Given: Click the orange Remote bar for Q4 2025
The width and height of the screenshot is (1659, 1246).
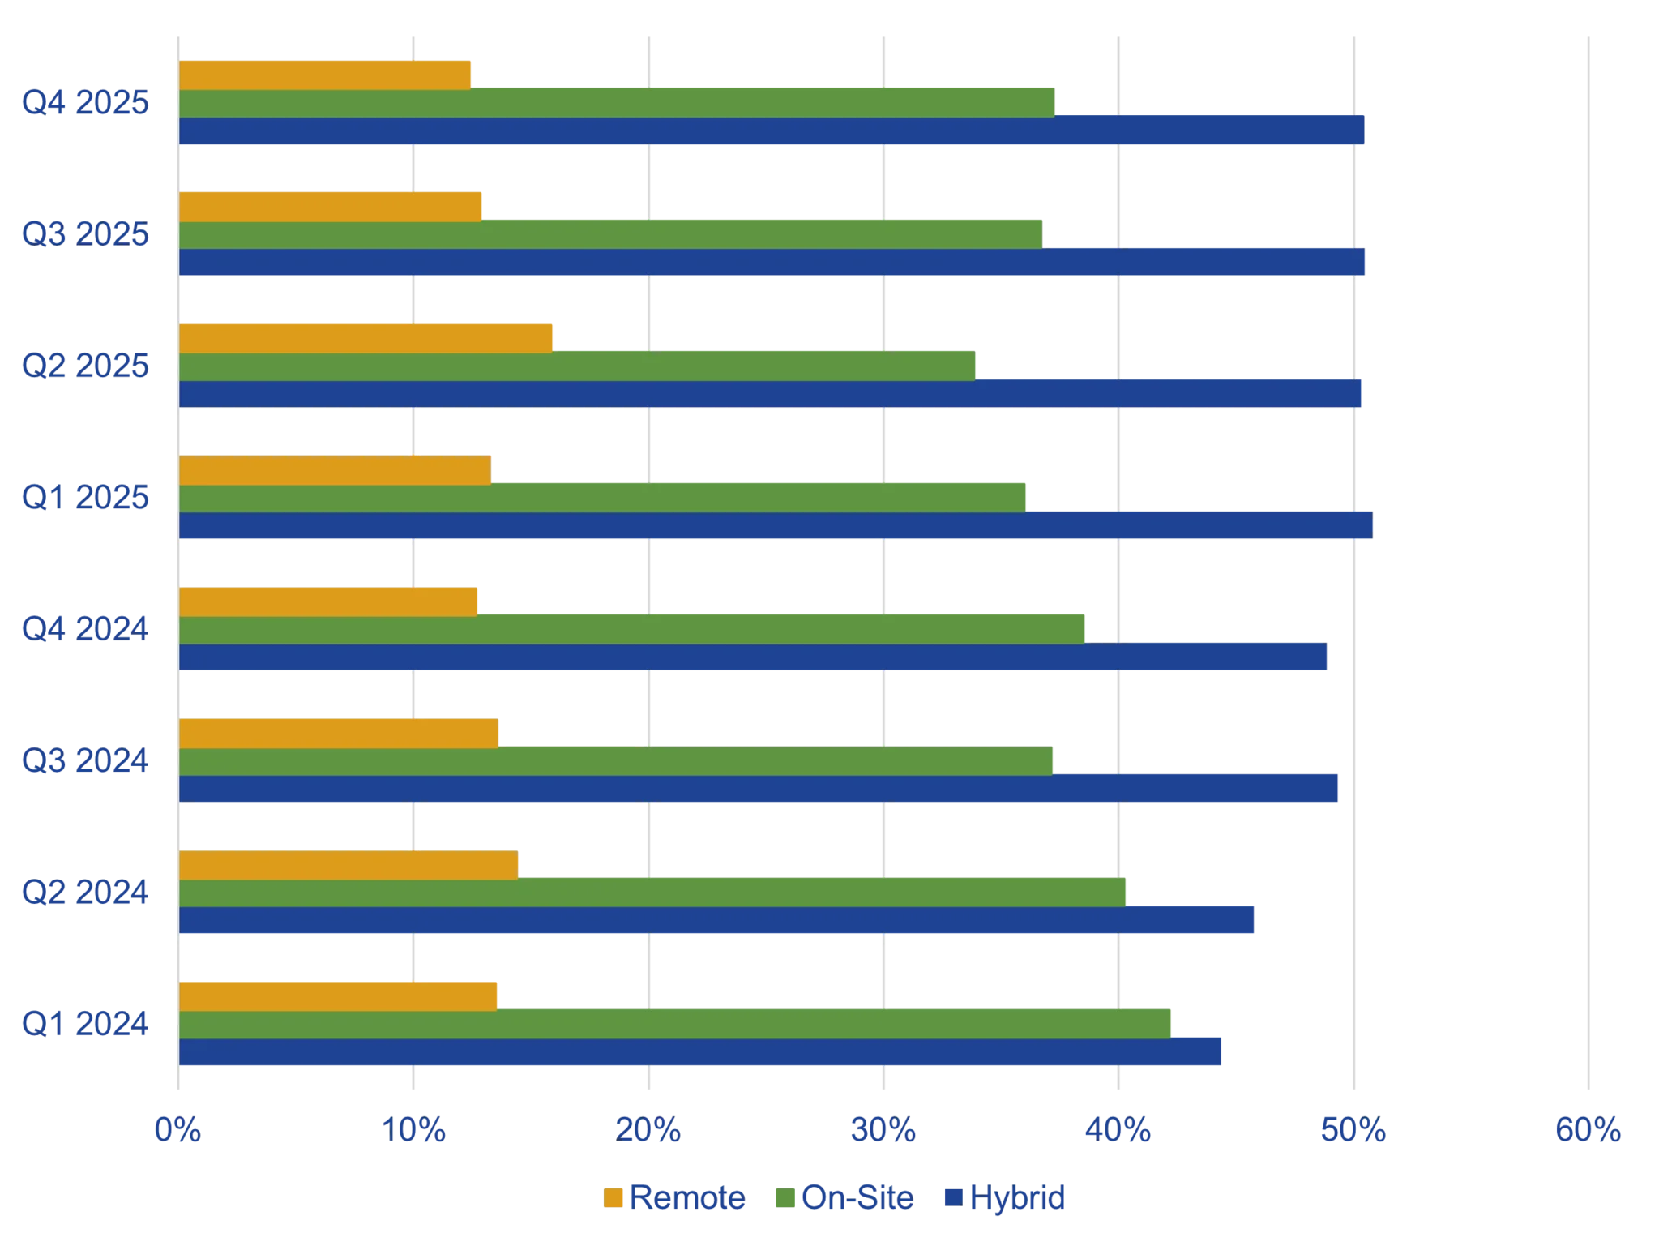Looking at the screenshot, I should coord(325,75).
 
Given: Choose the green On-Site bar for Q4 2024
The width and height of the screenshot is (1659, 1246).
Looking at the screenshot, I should coord(633,628).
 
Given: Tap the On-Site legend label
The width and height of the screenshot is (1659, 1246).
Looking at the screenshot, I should coord(857,1197).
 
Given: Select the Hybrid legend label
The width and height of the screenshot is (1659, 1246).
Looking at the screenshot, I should coord(1018,1197).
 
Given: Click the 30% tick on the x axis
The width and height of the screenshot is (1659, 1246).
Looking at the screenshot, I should coord(885,1132).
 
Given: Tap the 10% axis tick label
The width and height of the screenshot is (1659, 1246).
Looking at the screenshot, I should coord(417,1132).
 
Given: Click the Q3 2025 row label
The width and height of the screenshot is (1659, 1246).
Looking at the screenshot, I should coord(85,235).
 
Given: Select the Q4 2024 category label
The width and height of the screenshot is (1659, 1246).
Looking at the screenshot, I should coord(85,628).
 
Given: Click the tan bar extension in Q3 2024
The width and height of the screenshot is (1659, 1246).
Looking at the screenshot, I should coord(571,733).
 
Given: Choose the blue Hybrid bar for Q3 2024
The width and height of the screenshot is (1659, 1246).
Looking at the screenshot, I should coord(759,790).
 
